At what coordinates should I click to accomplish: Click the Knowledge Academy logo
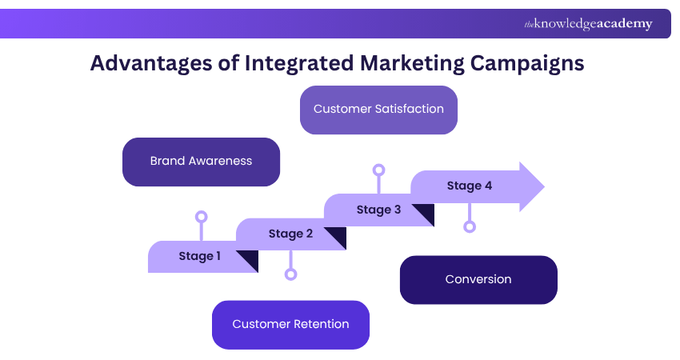pyautogui.click(x=588, y=24)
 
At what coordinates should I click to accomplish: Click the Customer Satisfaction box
pyautogui.click(x=378, y=109)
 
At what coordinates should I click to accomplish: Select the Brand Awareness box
pyautogui.click(x=201, y=161)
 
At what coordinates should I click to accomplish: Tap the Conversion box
pyautogui.click(x=478, y=279)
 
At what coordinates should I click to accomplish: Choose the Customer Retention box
pyautogui.click(x=290, y=324)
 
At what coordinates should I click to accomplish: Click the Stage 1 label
pyautogui.click(x=200, y=256)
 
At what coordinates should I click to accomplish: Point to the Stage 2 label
pyautogui.click(x=290, y=234)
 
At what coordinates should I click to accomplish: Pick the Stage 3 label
pyautogui.click(x=378, y=210)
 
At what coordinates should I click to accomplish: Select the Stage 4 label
pyautogui.click(x=470, y=186)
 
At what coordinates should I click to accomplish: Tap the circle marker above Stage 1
pyautogui.click(x=202, y=217)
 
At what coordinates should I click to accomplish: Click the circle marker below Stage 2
pyautogui.click(x=290, y=274)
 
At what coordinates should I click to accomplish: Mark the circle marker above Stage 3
pyautogui.click(x=379, y=170)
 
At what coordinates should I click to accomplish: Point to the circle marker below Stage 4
pyautogui.click(x=470, y=226)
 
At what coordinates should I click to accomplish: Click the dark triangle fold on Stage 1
pyautogui.click(x=249, y=260)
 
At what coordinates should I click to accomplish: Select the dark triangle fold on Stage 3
pyautogui.click(x=424, y=214)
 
